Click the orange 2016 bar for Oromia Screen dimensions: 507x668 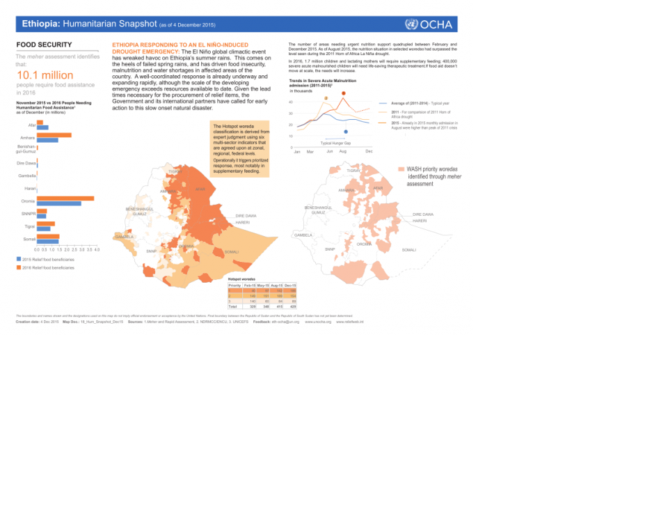pyautogui.click(x=65, y=198)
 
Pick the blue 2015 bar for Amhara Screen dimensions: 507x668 pyautogui.click(x=47, y=140)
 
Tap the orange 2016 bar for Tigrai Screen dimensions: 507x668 pyautogui.click(x=46, y=224)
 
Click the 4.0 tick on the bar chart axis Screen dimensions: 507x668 pyautogui.click(x=97, y=249)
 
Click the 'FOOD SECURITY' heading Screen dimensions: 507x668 pyautogui.click(x=41, y=45)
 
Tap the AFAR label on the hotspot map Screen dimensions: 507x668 pyautogui.click(x=200, y=189)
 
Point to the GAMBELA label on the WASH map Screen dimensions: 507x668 pyautogui.click(x=303, y=235)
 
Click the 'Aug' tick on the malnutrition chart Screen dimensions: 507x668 pyautogui.click(x=342, y=151)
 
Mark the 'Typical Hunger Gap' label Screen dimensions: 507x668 pyautogui.click(x=335, y=143)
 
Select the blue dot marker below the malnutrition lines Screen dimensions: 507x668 pyautogui.click(x=346, y=131)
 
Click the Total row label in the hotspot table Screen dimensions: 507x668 pyautogui.click(x=234, y=306)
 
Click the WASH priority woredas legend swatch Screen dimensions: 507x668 pyautogui.click(x=400, y=169)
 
